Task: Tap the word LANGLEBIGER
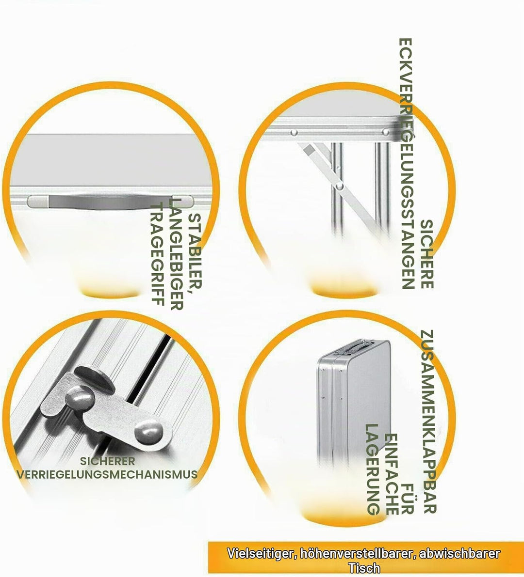[176, 254]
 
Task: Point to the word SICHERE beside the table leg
[426, 254]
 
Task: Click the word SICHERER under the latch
[107, 461]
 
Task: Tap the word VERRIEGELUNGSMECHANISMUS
[107, 474]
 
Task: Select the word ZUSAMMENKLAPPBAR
[428, 421]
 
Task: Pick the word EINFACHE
[391, 474]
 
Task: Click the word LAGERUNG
[373, 469]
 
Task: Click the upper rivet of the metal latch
[80, 397]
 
